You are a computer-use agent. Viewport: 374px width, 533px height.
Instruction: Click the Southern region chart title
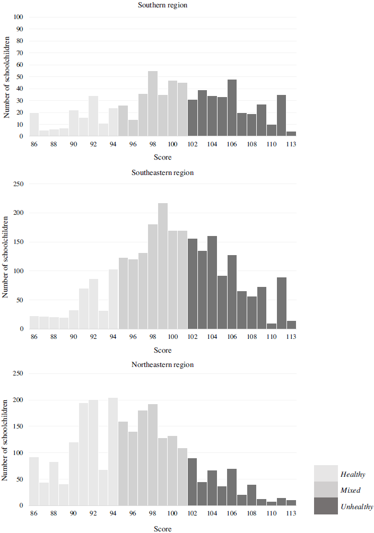pos(162,5)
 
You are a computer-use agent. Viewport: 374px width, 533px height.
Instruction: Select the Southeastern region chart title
pos(162,173)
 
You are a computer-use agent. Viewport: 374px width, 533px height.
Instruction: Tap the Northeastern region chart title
pos(162,365)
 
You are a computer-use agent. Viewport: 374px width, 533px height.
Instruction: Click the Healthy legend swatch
pos(326,473)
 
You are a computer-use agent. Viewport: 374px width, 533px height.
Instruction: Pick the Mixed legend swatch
pos(326,490)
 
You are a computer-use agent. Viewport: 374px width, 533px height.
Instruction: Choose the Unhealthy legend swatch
pos(326,506)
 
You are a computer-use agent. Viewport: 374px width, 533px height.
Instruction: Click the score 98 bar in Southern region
pos(153,103)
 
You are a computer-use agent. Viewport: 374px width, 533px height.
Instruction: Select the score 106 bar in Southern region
pos(232,108)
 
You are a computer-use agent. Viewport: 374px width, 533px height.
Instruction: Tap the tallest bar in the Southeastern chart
pos(163,266)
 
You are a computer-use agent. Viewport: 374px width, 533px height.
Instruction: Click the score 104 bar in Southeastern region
pos(212,283)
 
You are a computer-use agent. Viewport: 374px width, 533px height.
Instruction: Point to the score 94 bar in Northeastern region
pos(113,452)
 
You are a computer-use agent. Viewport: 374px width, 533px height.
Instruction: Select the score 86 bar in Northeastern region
pos(34,482)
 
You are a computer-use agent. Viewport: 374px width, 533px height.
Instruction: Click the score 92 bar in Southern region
pos(93,116)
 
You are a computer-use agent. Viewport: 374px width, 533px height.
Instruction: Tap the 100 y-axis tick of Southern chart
pos(19,17)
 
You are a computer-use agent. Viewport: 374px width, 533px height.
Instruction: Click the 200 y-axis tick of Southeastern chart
pos(19,213)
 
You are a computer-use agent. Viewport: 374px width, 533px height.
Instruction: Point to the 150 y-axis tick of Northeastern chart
pos(19,426)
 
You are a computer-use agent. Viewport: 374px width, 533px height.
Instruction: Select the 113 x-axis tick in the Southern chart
pos(291,144)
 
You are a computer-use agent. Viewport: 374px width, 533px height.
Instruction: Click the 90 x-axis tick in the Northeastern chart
pos(73,513)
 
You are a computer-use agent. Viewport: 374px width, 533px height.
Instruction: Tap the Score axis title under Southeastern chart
pos(162,350)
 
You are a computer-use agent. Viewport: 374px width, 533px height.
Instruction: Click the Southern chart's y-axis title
pos(7,77)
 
